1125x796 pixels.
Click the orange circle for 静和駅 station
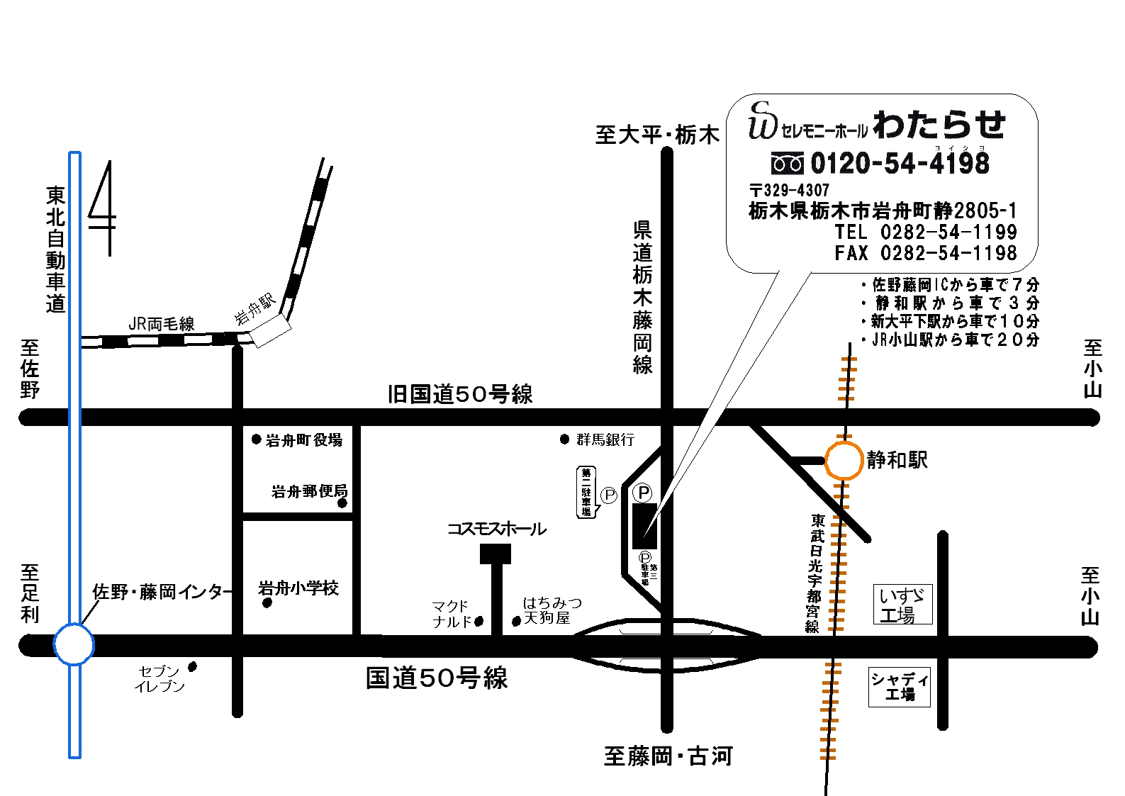(x=844, y=461)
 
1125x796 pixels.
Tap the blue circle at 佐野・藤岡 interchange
(x=74, y=644)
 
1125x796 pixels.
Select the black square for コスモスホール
(x=496, y=554)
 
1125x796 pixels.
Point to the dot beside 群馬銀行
(x=564, y=439)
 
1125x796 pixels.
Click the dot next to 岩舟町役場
(x=257, y=439)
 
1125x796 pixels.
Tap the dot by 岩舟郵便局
(x=342, y=503)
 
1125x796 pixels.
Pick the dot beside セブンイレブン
(x=192, y=667)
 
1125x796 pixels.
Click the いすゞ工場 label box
(x=902, y=605)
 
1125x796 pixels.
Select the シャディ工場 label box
(x=900, y=687)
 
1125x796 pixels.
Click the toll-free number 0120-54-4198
(x=900, y=164)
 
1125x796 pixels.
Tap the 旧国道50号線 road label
(x=460, y=394)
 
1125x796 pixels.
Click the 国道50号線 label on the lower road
(x=437, y=678)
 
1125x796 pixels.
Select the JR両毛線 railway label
(x=162, y=324)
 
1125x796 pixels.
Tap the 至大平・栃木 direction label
(x=657, y=135)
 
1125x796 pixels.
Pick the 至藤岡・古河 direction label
(x=668, y=756)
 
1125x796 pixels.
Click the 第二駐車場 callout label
(x=587, y=492)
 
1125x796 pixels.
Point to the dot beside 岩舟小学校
(x=267, y=603)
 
